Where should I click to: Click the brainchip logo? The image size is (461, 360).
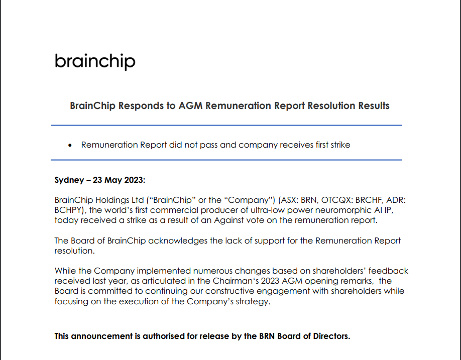(95, 61)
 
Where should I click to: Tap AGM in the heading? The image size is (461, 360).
(186, 106)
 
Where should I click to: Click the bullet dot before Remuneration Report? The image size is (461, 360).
(70, 146)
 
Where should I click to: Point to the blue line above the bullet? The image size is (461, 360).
(226, 125)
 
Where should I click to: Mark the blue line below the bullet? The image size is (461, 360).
(226, 160)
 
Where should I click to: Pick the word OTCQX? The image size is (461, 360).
(322, 200)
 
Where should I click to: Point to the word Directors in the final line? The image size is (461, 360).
(329, 336)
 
